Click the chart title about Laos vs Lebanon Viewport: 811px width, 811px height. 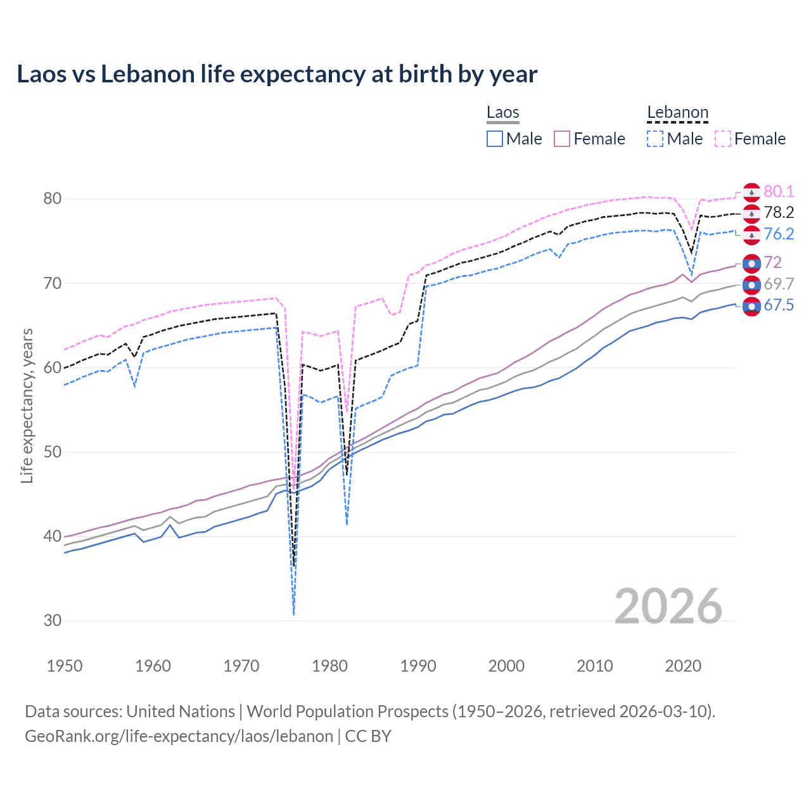pos(277,74)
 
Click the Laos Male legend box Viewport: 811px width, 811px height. pos(495,139)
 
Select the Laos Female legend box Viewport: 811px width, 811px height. pos(562,139)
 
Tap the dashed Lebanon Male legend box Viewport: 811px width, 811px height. pos(655,139)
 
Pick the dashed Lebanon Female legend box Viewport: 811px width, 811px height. pos(723,139)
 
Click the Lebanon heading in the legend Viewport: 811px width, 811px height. pos(677,113)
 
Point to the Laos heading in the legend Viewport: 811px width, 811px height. pos(502,113)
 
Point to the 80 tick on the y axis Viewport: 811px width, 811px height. pos(53,199)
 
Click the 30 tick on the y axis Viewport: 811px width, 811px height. pos(53,621)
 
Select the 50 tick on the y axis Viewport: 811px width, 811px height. pos(53,452)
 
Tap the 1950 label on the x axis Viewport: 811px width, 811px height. pos(65,666)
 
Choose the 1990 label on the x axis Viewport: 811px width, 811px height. pos(418,666)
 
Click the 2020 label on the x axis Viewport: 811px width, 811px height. pos(683,666)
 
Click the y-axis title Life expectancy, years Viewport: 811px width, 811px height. pos(27,405)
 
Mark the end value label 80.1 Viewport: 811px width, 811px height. pos(779,191)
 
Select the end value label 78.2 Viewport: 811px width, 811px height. pos(779,212)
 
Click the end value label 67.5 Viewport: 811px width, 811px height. pos(779,305)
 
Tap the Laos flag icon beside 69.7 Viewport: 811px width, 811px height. pos(751,284)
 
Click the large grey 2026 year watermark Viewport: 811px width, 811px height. pos(668,606)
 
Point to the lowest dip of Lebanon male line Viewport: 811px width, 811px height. pos(294,614)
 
